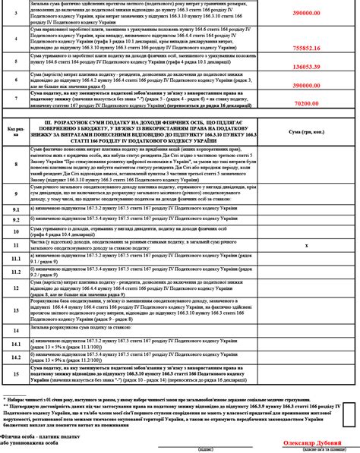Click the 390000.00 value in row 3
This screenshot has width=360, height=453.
click(x=328, y=14)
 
